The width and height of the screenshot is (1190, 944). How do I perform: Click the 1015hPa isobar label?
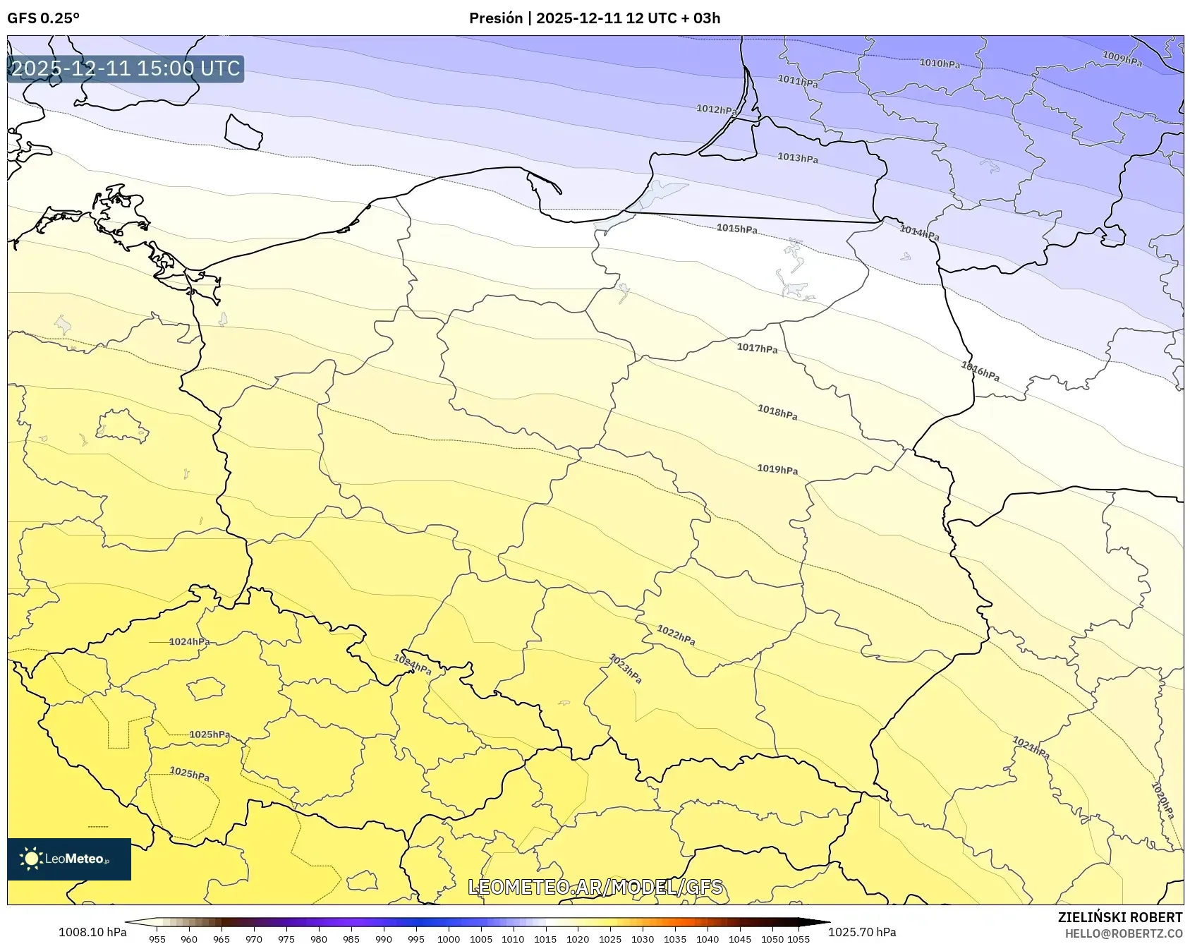[736, 229]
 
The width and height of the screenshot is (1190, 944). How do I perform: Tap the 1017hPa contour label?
[757, 348]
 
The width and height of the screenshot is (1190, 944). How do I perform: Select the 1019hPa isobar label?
[777, 469]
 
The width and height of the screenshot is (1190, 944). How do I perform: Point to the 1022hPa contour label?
[676, 635]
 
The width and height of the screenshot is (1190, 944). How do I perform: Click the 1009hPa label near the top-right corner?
[1122, 59]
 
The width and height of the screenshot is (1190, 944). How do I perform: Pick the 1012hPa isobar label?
[716, 109]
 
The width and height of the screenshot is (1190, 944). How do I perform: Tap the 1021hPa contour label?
[1031, 748]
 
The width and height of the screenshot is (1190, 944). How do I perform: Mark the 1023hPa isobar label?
[625, 669]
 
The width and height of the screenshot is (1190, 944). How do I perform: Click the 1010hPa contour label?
[940, 63]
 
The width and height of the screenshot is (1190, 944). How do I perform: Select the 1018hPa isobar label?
[777, 412]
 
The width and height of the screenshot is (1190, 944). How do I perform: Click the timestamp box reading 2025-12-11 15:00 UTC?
[126, 68]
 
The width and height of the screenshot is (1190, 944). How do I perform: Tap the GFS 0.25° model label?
[43, 18]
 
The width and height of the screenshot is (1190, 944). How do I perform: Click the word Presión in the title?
[496, 18]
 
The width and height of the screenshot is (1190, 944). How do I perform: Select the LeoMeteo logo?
[69, 859]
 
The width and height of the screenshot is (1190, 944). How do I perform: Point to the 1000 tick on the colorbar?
[448, 939]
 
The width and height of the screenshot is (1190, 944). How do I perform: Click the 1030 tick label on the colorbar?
[642, 939]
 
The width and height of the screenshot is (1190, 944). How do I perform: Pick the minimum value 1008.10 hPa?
[92, 932]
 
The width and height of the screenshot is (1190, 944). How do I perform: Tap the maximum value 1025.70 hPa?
[862, 932]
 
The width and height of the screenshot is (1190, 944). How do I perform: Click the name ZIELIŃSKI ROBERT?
[1119, 917]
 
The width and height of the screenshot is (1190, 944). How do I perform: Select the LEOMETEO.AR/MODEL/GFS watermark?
[595, 887]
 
